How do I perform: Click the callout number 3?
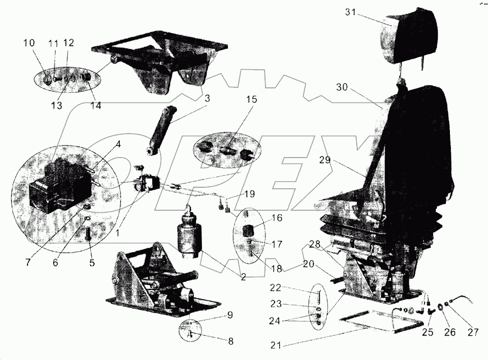[207, 99]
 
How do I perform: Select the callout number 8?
[230, 341]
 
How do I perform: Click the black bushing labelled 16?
[249, 229]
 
